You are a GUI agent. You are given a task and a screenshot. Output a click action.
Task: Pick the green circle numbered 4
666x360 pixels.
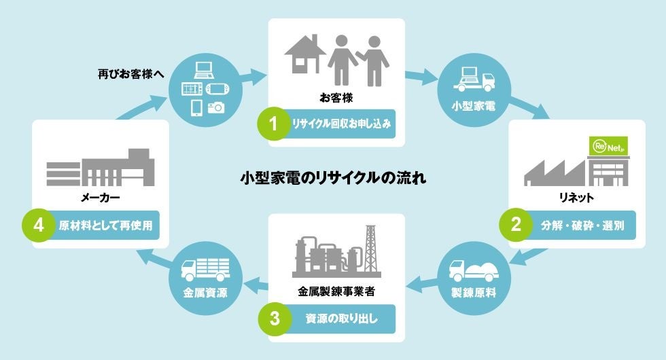pos(37,225)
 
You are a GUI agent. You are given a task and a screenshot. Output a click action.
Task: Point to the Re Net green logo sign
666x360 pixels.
pos(605,146)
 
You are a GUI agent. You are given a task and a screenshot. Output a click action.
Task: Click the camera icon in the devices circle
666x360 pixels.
pos(216,107)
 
